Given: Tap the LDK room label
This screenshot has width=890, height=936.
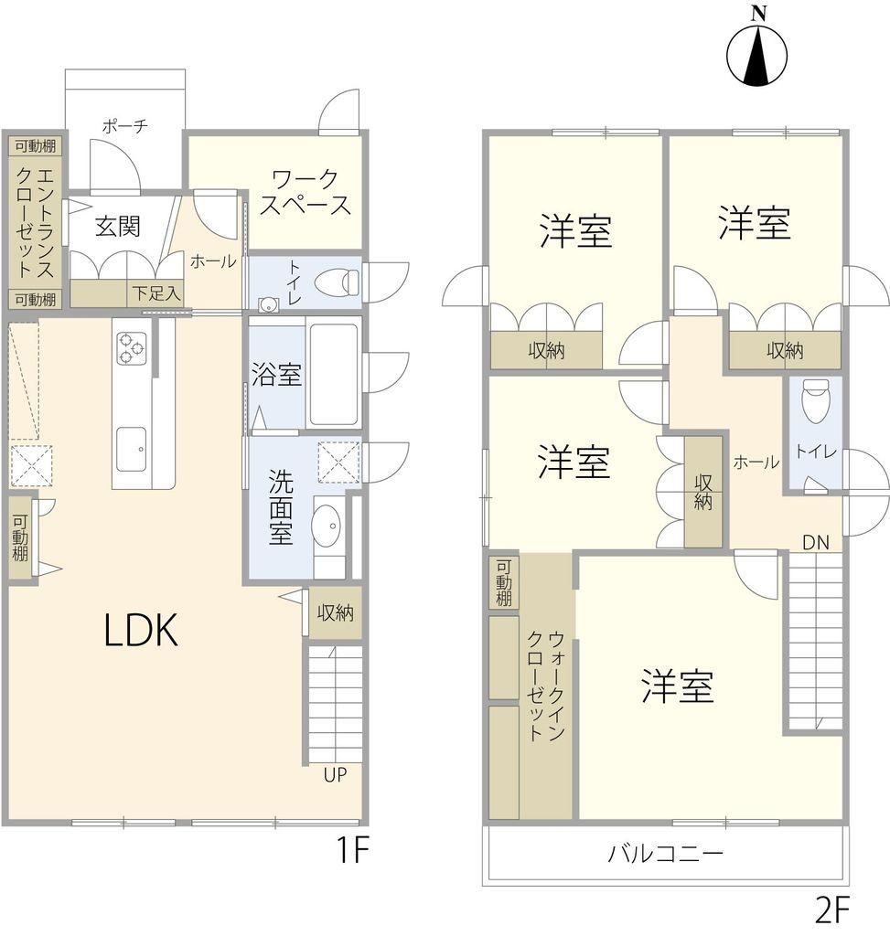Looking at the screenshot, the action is [x=141, y=631].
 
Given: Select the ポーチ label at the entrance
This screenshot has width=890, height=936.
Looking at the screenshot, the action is [x=124, y=126].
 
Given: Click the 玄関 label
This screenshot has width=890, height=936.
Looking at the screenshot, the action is [x=118, y=227].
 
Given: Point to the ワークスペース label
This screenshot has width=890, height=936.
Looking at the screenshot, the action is [x=306, y=192].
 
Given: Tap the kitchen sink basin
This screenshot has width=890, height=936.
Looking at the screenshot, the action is [x=132, y=448].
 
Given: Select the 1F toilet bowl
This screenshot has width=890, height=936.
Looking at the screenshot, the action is [x=337, y=282].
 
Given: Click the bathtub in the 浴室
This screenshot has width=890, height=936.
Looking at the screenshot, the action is [x=333, y=374].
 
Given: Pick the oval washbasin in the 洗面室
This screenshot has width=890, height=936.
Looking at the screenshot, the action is [x=327, y=525].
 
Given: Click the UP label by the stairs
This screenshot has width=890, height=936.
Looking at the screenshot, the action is [x=335, y=775].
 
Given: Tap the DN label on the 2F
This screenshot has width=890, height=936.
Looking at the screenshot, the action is [x=816, y=543].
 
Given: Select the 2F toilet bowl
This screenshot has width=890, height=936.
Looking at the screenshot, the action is [x=812, y=402].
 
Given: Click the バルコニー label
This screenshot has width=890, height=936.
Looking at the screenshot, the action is [x=665, y=854].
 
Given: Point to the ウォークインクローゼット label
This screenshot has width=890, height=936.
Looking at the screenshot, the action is [x=545, y=686].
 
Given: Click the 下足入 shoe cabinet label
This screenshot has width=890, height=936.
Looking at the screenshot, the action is [x=155, y=293].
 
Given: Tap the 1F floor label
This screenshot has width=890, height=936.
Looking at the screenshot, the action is [x=352, y=851].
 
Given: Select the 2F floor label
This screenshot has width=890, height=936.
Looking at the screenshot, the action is [x=832, y=909].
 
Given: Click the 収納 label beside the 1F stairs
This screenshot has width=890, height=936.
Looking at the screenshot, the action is [x=335, y=612].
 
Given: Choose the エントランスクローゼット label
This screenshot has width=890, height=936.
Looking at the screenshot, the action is [x=36, y=223].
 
